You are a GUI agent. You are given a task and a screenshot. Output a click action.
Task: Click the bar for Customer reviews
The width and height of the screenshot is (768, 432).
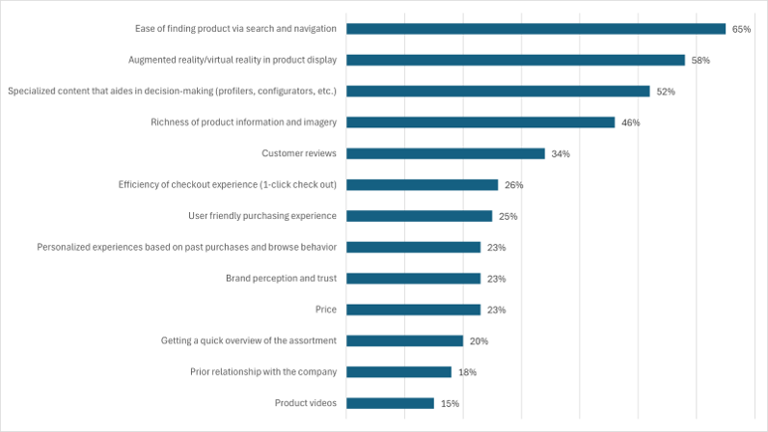[445, 153]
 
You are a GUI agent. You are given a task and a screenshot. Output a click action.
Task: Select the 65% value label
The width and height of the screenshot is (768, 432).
[741, 29]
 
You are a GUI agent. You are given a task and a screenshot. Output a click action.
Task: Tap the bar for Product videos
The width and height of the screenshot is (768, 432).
[390, 403]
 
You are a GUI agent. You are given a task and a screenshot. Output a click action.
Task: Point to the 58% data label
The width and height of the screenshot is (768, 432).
[700, 60]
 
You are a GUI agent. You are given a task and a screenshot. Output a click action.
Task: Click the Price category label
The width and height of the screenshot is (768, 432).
[325, 310]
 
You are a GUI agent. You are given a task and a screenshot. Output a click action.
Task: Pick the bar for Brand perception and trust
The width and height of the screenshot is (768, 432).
[413, 278]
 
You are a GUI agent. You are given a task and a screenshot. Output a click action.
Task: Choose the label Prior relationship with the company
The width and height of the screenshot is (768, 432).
[262, 371]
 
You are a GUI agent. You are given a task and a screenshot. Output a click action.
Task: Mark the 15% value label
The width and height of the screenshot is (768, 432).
[450, 403]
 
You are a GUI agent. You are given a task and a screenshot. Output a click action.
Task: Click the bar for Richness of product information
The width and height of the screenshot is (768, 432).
[480, 122]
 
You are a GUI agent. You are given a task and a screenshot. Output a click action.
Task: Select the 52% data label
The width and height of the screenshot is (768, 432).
[666, 92]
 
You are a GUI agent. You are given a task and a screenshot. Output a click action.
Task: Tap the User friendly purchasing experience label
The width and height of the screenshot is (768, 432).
[262, 216]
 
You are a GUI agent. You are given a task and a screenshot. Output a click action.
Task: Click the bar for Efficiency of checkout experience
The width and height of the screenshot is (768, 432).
[422, 184]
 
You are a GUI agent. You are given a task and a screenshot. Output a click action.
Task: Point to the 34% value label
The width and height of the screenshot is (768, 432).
[561, 153]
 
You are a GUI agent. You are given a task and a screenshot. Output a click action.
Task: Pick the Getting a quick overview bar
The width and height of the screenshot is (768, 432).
[404, 340]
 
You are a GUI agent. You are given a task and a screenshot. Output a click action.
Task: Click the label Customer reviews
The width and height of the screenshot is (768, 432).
[299, 153]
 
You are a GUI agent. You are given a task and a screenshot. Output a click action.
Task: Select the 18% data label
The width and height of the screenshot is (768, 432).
[467, 372]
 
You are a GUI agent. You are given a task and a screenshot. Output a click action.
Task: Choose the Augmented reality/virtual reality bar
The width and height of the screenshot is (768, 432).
[515, 60]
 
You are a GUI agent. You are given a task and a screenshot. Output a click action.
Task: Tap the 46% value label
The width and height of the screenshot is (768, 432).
[631, 122]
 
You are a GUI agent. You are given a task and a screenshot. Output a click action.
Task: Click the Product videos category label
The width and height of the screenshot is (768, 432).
[306, 403]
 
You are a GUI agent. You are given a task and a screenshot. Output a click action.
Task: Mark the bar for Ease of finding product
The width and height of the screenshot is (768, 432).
[535, 29]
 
